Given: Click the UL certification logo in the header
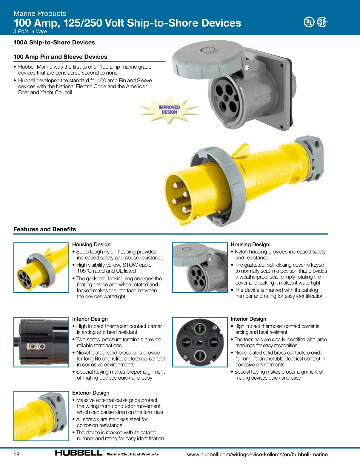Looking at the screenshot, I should tap(309, 22).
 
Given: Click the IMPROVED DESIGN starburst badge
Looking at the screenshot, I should tap(169, 110).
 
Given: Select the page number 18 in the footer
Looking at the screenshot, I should tap(16, 454).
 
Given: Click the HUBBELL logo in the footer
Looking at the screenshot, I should tap(79, 453).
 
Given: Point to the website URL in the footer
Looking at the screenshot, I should tap(257, 454).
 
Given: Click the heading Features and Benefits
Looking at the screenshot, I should tap(45, 229).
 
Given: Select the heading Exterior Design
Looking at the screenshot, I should tap(91, 393).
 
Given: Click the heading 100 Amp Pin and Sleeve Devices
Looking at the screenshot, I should tap(60, 57).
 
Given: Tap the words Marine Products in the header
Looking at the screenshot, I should tap(40, 13).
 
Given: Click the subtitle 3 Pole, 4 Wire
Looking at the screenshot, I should tap(30, 31).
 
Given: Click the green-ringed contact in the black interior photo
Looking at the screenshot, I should tap(200, 329).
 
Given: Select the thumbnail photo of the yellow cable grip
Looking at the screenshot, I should tap(41, 416).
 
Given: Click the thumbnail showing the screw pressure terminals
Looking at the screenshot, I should tap(41, 342).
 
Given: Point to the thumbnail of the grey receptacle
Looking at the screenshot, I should tap(200, 267).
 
